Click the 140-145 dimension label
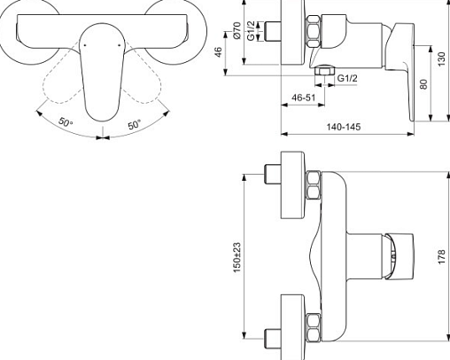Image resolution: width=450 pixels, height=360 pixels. (x=344, y=127)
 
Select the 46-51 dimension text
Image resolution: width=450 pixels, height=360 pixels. (x=304, y=98)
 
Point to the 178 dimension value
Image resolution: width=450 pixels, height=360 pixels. (x=441, y=257)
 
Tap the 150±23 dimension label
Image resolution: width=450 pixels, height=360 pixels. (x=237, y=258)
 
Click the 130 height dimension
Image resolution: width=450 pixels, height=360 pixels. (x=441, y=59)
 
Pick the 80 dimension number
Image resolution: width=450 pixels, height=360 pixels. (x=423, y=84)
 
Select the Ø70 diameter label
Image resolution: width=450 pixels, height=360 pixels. (x=237, y=30)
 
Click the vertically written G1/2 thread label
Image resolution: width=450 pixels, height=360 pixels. (x=251, y=30)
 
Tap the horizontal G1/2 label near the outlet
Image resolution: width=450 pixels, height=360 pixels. (x=347, y=78)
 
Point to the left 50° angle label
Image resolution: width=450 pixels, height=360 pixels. (x=66, y=121)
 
